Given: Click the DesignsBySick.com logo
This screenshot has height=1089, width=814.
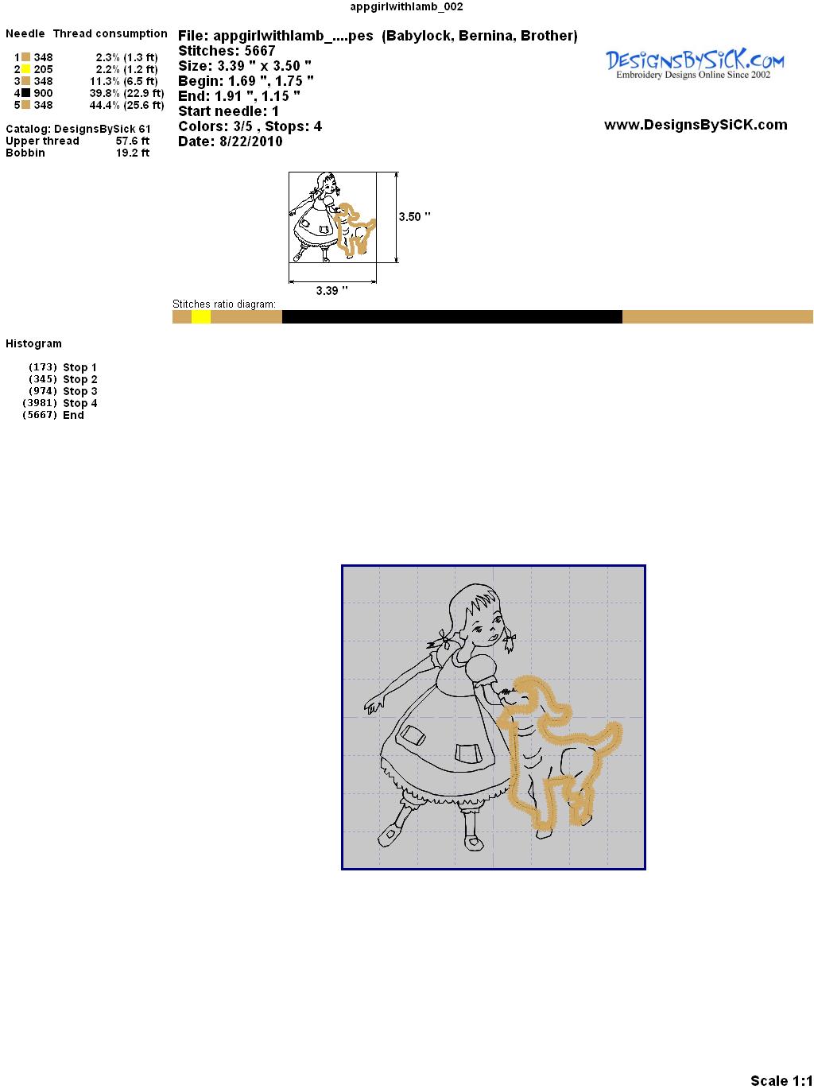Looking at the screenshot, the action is [x=695, y=64].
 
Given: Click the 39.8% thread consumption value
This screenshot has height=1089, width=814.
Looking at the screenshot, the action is [x=105, y=93].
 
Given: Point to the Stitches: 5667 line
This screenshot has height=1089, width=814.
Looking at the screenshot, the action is [x=227, y=51].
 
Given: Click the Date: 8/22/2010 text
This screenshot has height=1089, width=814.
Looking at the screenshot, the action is [x=231, y=141].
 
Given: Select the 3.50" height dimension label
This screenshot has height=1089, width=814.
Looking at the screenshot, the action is [x=414, y=217].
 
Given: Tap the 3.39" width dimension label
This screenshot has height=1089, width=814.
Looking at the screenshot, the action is [x=331, y=290].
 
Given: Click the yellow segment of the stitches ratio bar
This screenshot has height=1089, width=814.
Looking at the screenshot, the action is [x=201, y=316].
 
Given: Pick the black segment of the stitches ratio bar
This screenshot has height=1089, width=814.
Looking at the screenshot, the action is [x=452, y=316].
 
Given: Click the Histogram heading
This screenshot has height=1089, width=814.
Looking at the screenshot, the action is [x=33, y=344].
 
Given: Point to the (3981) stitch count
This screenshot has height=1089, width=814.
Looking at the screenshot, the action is [x=40, y=403].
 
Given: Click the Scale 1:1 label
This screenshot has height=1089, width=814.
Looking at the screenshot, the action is [x=781, y=1079].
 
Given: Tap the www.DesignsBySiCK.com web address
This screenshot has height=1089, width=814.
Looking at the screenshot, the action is [x=696, y=125].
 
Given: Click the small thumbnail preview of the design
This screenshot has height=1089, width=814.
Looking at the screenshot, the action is [x=332, y=217].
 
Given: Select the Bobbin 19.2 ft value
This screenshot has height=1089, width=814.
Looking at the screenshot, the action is [x=133, y=153].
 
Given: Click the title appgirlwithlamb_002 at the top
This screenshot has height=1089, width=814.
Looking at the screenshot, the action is [x=406, y=6].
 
